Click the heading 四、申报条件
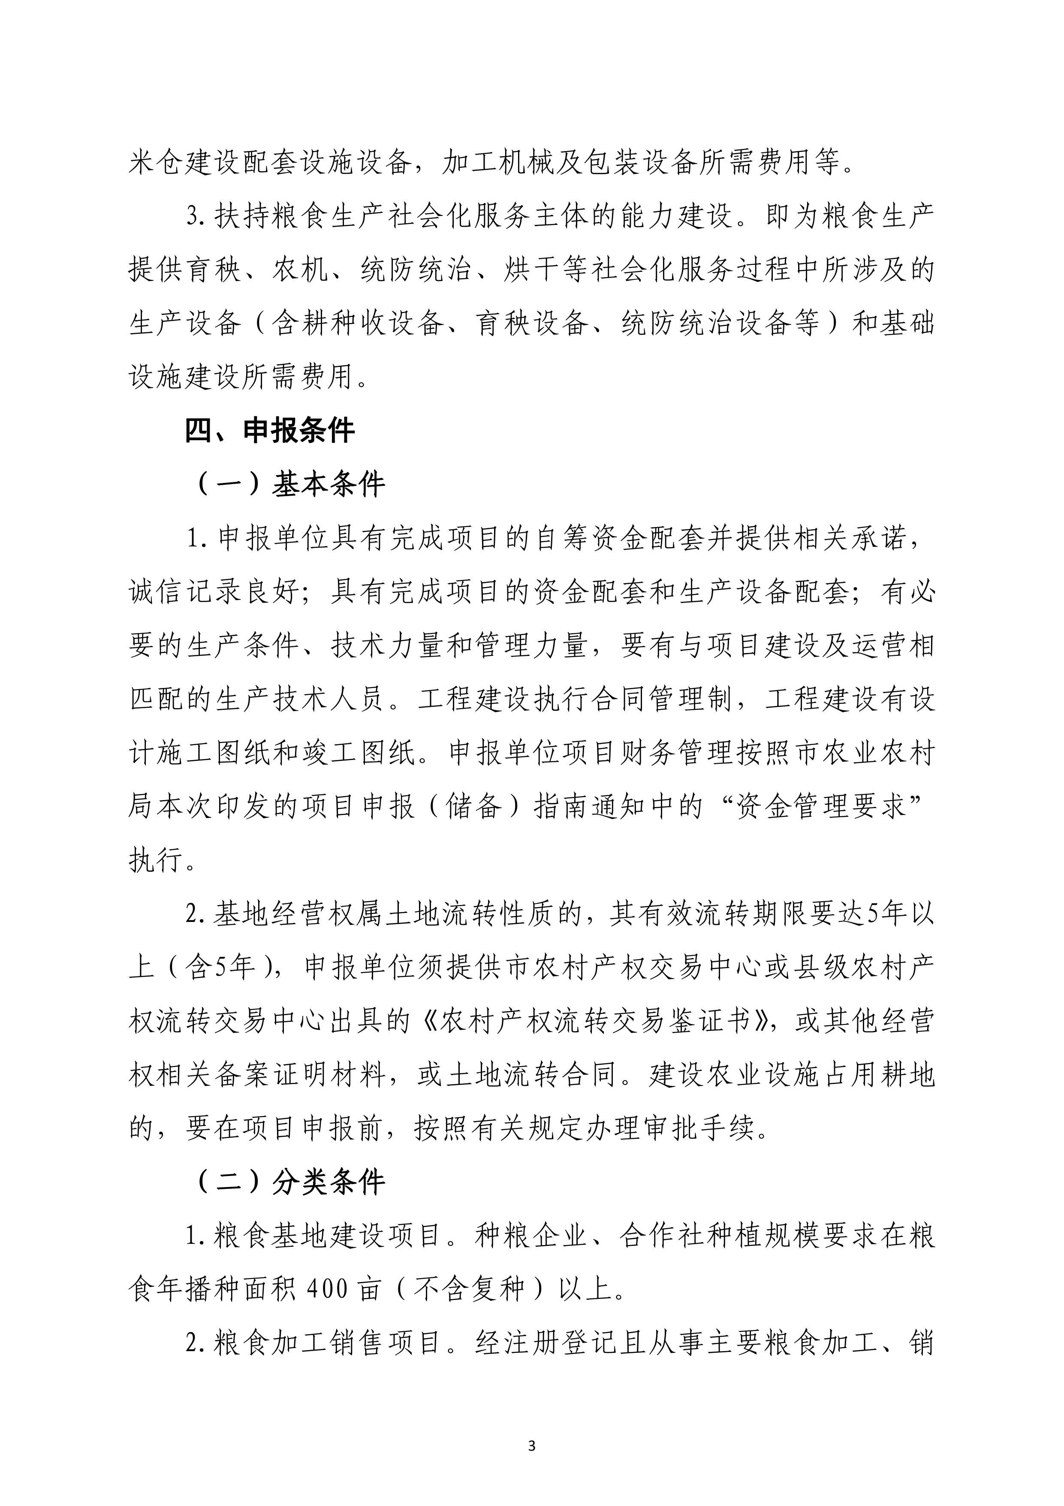(269, 431)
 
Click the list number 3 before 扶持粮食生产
(193, 216)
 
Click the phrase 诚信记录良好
(214, 592)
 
